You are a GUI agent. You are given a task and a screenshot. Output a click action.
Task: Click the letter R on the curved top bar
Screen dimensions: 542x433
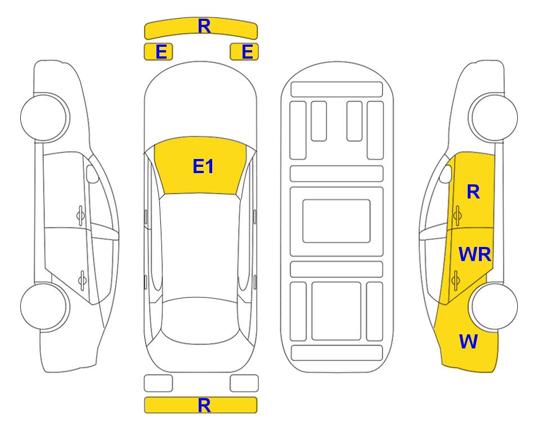(204, 26)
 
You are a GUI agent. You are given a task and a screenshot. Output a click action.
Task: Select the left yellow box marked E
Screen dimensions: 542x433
(158, 52)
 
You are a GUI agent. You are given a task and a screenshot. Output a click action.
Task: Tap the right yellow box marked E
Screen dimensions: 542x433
(244, 52)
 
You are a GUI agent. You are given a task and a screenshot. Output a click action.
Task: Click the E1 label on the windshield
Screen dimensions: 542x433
(203, 166)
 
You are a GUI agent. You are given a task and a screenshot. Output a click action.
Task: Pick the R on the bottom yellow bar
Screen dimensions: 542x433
(204, 405)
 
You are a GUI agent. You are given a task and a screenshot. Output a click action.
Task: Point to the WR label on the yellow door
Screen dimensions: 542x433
(474, 255)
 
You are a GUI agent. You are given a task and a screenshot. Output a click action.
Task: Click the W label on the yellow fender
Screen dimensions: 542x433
(468, 342)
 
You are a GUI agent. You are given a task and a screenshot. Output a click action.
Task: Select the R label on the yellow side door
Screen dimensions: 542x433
(473, 192)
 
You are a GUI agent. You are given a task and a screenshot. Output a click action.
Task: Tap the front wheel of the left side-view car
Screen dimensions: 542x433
(44, 117)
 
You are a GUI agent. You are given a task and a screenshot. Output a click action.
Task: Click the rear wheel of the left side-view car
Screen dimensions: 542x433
(44, 306)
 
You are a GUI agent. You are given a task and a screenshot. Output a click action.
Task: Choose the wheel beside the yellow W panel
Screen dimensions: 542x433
(495, 306)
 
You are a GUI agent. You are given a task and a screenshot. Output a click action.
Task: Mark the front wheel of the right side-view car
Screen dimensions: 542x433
(493, 117)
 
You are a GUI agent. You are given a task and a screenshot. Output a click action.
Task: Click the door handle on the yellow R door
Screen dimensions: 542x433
(457, 215)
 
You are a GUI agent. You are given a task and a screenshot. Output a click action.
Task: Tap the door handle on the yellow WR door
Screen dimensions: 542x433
(455, 280)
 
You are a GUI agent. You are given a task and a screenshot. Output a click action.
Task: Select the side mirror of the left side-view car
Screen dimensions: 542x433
(92, 174)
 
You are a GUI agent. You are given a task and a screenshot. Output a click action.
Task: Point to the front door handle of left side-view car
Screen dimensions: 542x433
(80, 215)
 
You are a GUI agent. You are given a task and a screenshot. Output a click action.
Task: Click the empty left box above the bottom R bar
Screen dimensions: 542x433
(158, 383)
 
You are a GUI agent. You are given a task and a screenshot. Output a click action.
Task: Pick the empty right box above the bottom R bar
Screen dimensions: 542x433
(244, 383)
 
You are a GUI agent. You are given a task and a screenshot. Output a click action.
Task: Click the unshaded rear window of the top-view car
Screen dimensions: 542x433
(201, 320)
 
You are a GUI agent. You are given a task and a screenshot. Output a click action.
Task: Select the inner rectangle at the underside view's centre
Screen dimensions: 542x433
(337, 221)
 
